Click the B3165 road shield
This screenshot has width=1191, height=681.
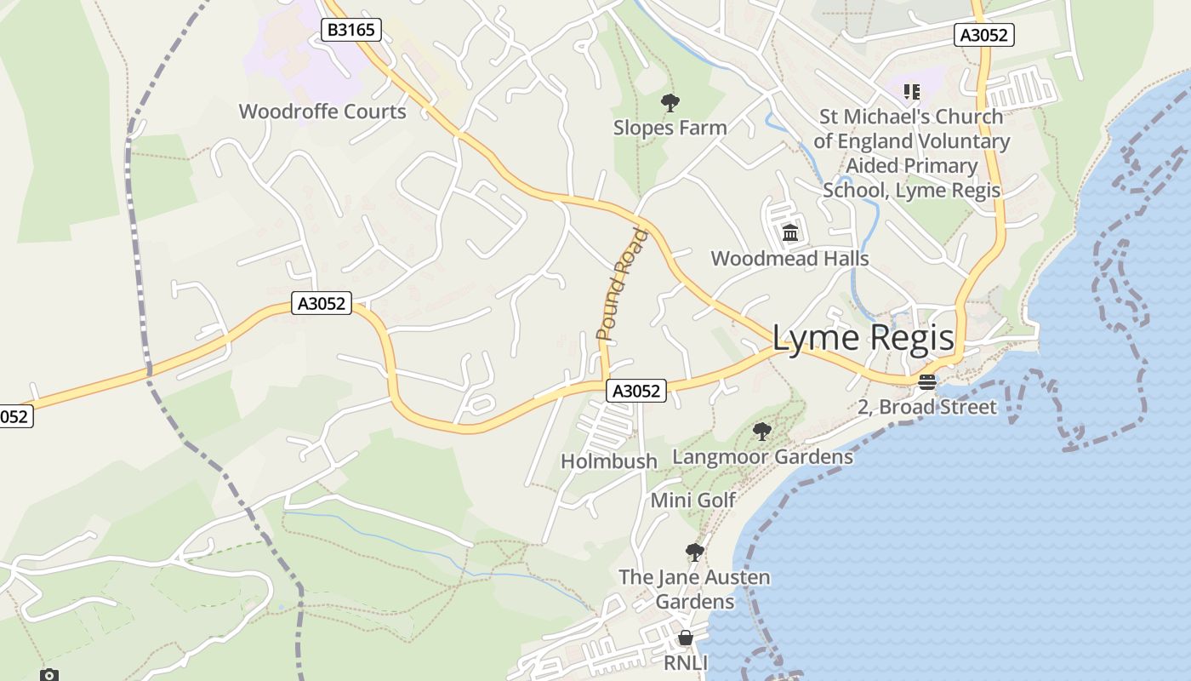[351, 31]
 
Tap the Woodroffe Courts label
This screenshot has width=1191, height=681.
[322, 112]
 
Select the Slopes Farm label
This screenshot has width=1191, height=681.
[670, 128]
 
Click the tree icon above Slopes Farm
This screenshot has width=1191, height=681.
[670, 103]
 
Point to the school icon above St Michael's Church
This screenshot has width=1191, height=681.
[912, 91]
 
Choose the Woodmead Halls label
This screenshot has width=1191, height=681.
[789, 258]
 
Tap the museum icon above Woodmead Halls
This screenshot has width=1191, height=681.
[790, 232]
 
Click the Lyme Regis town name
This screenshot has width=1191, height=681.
[863, 338]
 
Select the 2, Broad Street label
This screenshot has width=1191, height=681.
[926, 407]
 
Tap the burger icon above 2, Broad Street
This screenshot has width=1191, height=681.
[927, 382]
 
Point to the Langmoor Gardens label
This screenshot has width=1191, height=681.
[762, 457]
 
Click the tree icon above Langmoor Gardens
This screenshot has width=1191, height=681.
[762, 432]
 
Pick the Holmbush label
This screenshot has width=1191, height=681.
[609, 461]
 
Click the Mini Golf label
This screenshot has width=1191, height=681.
[692, 500]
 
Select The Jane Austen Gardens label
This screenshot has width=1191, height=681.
[694, 589]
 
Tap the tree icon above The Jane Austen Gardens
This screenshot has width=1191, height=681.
[695, 552]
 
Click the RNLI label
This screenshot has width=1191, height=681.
[686, 662]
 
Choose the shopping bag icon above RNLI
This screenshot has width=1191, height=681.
[686, 638]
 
